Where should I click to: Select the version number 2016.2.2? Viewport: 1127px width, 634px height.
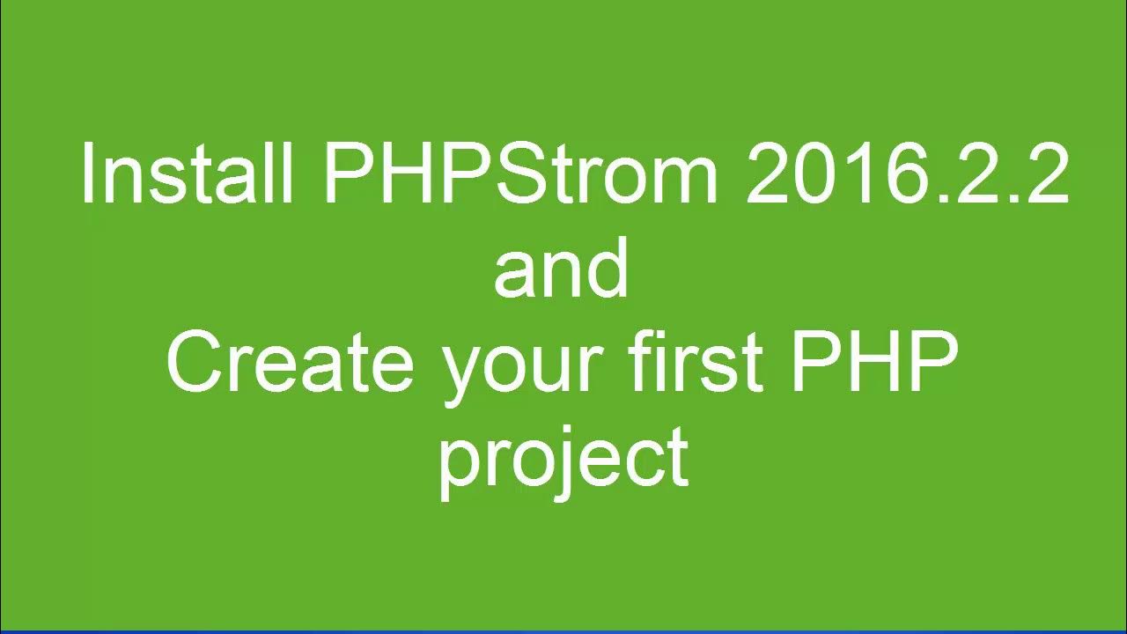(907, 173)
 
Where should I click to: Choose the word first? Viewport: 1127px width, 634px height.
(699, 363)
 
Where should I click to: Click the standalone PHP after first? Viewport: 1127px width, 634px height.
(873, 363)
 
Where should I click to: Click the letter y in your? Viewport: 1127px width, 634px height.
(462, 374)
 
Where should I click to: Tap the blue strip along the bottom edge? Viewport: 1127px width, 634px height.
(563, 630)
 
